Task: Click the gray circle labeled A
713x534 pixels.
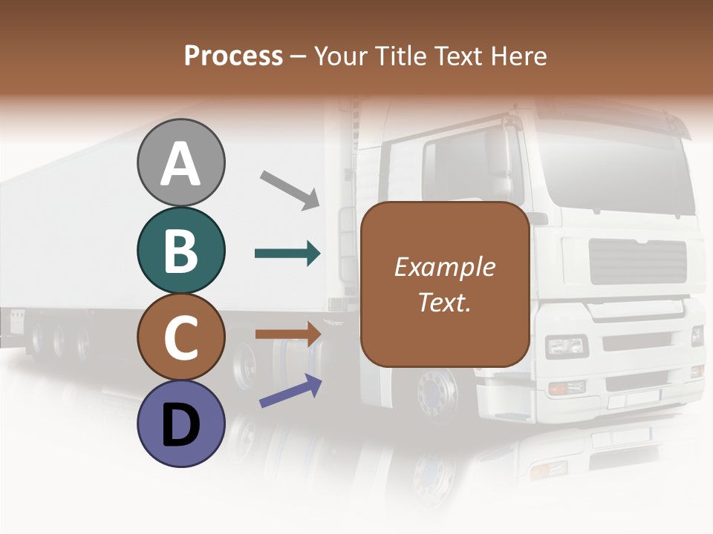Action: [x=180, y=162]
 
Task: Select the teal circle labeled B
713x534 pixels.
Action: [x=180, y=250]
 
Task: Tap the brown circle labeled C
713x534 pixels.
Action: [x=180, y=337]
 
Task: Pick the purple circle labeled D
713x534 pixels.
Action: [x=180, y=424]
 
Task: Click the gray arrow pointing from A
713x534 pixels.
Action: [x=290, y=190]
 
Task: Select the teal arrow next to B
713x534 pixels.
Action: [x=287, y=254]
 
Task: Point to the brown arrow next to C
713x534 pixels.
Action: [x=287, y=334]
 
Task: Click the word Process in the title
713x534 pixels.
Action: [x=233, y=56]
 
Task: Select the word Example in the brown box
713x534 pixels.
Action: [x=444, y=268]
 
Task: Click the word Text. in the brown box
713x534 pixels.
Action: [x=444, y=302]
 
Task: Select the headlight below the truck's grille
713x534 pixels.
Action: [x=566, y=346]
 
